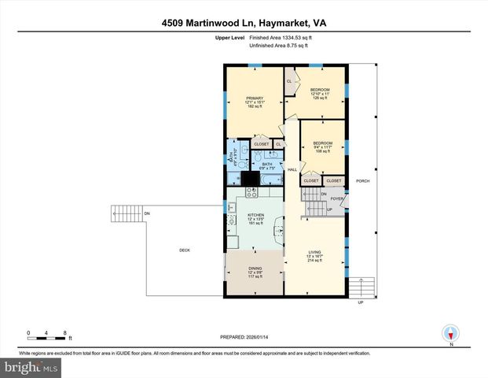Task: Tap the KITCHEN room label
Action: point(255,215)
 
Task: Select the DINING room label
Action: point(255,269)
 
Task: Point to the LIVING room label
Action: point(314,253)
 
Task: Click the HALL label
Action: point(292,169)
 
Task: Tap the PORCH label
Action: point(362,180)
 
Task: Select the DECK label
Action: point(185,250)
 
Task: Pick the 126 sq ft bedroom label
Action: point(319,91)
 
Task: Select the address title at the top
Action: point(243,24)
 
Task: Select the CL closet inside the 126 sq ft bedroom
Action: point(289,81)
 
